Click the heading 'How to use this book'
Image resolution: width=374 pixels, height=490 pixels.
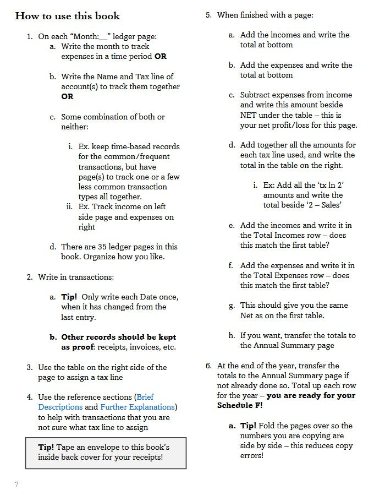pyautogui.click(x=68, y=15)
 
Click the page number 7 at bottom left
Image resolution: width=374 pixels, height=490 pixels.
pyautogui.click(x=17, y=484)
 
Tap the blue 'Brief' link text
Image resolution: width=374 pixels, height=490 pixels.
pyautogui.click(x=145, y=397)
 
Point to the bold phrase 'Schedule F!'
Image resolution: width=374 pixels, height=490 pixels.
pyautogui.click(x=240, y=405)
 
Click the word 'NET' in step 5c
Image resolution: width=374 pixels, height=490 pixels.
pyautogui.click(x=249, y=115)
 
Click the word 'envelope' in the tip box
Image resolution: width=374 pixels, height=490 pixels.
pyautogui.click(x=113, y=447)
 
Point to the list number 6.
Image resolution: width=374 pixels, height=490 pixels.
pyautogui.click(x=208, y=366)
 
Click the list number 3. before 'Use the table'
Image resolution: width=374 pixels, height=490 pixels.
pyautogui.click(x=29, y=367)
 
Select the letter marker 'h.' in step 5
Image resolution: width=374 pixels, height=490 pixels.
pyautogui.click(x=232, y=335)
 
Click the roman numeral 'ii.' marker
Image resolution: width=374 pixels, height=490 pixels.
pyautogui.click(x=69, y=207)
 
